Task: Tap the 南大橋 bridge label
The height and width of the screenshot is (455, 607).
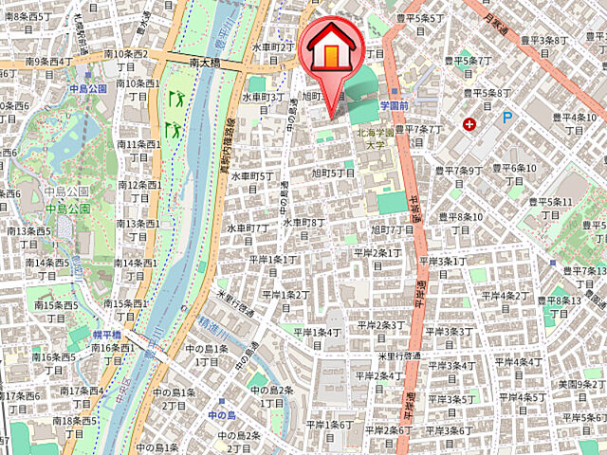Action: pos(205,63)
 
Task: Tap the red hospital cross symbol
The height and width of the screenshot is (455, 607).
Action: pos(469,124)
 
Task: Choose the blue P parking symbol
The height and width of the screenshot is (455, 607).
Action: pos(506,118)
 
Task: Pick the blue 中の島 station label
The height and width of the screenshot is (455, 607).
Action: pos(221,415)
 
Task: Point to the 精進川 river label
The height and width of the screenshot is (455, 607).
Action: pos(220,321)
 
